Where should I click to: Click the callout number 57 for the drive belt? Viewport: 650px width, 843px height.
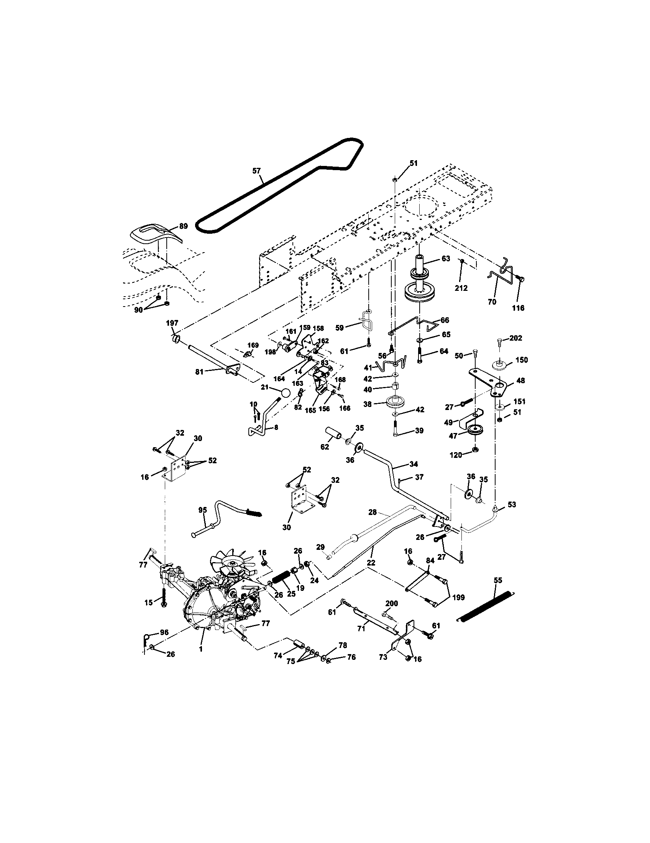point(256,171)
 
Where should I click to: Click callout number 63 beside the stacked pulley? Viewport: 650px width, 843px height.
point(445,259)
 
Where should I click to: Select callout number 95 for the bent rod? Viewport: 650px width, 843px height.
point(202,510)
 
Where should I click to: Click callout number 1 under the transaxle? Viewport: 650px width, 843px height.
point(200,649)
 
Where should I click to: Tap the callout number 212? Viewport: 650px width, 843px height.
point(462,288)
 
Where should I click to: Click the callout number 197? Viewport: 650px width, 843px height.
point(172,323)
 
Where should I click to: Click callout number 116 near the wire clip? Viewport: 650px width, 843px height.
point(518,308)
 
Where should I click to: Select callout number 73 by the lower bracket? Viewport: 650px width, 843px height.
point(383,657)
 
